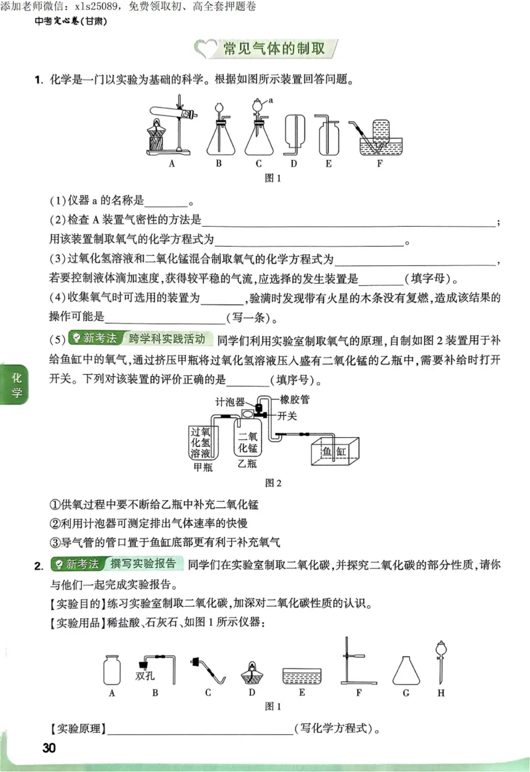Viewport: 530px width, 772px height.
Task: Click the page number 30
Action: coord(48,748)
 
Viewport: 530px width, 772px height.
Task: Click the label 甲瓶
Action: coord(203,467)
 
